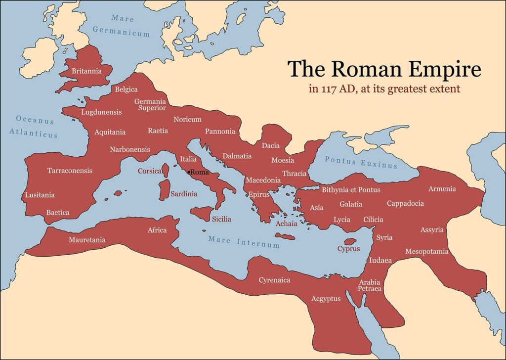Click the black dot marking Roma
189,172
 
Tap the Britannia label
86,71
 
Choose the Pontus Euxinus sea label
361,162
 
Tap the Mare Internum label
244,242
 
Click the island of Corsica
166,171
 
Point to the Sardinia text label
184,194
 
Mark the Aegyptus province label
326,299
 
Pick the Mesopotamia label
427,252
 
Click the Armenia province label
442,189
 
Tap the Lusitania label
40,195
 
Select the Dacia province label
271,145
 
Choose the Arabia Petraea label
370,285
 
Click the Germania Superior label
150,104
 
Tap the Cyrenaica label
274,280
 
